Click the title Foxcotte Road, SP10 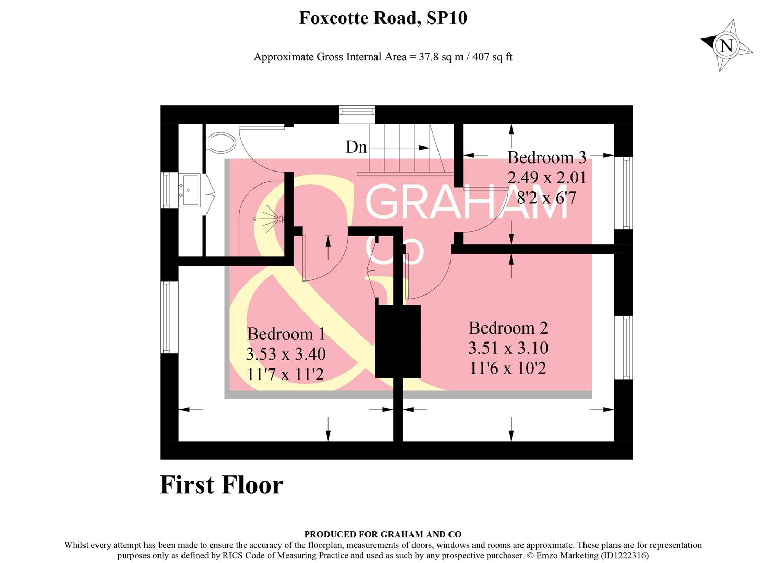pos(383,18)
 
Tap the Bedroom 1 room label pos(286,334)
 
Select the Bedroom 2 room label pos(508,328)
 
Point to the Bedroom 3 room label pos(546,157)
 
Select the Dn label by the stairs pos(356,148)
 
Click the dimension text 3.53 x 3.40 pos(286,354)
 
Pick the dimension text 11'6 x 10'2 pos(508,369)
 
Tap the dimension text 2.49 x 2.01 pos(547,178)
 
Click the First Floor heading pos(221,485)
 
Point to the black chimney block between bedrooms pos(398,341)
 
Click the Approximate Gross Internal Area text pos(383,57)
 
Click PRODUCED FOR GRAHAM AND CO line pos(383,534)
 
